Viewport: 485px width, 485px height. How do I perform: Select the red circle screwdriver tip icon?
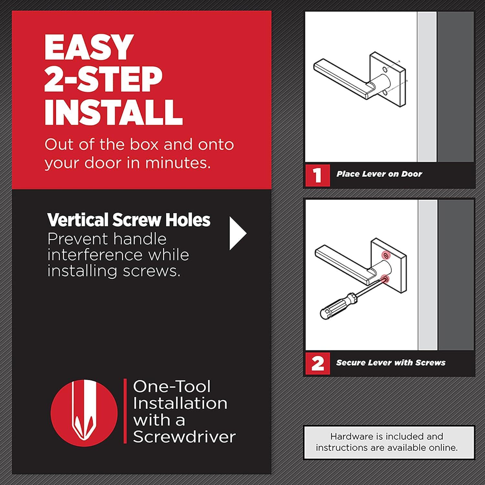click(84, 412)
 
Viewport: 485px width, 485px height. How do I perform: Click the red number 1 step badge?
click(318, 175)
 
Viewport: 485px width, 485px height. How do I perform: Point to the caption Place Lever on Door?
click(379, 174)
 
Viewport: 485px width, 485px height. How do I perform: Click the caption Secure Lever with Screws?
click(391, 362)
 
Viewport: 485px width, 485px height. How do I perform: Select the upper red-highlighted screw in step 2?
click(385, 256)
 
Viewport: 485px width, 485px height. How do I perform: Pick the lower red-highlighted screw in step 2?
click(385, 279)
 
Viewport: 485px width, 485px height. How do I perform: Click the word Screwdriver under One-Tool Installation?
click(184, 436)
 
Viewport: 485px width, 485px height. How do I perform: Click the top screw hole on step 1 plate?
click(385, 70)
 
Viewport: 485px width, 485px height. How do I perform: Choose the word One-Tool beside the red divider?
click(172, 386)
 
